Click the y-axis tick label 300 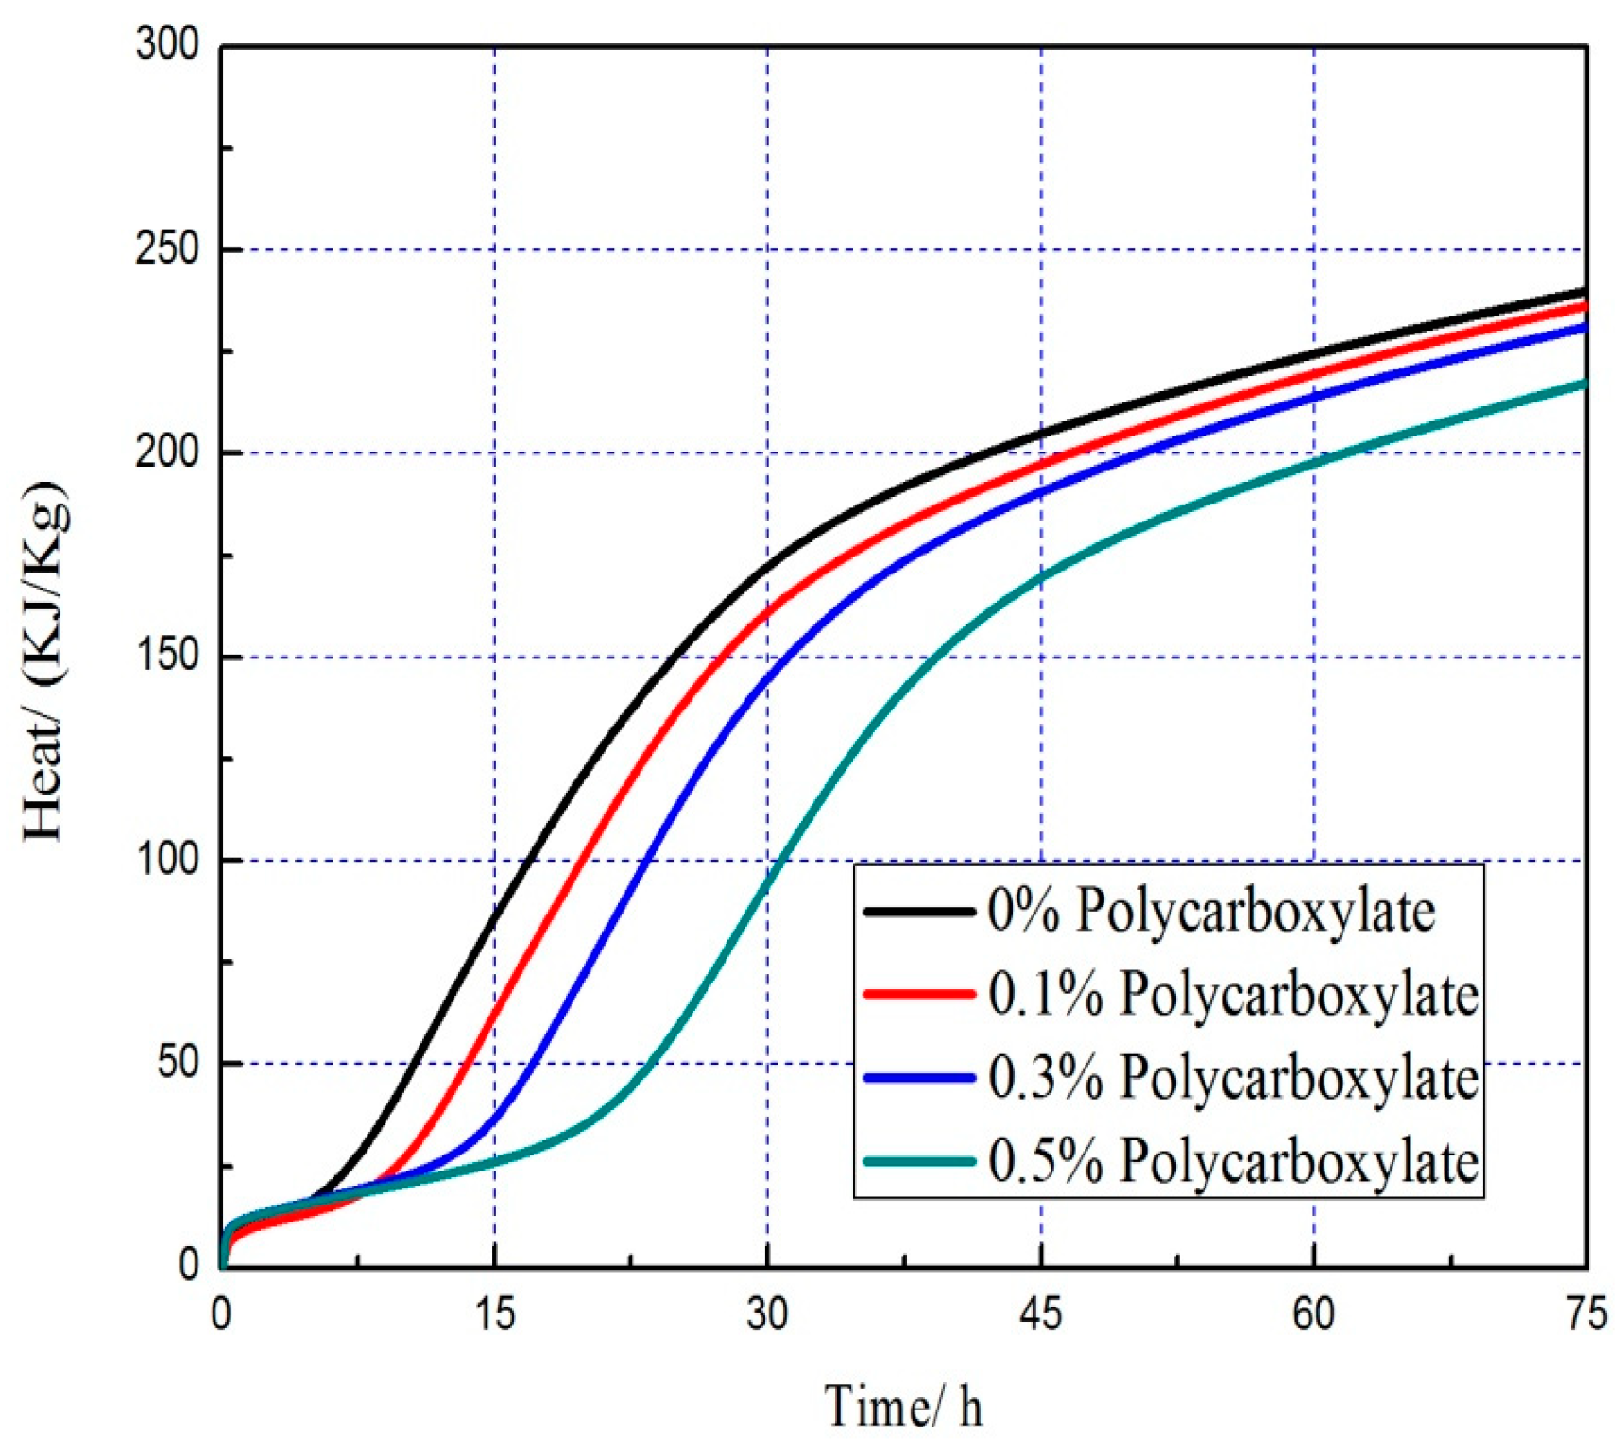tap(167, 44)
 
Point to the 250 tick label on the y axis tap(167, 249)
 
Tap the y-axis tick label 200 tap(167, 453)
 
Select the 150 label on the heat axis tap(167, 657)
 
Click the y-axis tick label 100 tap(167, 860)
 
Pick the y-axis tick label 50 tap(178, 1063)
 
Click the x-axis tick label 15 tap(494, 1314)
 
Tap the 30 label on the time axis tap(767, 1314)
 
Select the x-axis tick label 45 tap(1040, 1314)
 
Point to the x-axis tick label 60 tap(1313, 1314)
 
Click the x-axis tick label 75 tap(1585, 1314)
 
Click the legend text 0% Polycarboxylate tap(1211, 912)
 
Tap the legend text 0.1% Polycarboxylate tap(1233, 994)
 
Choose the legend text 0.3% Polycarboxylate tap(1233, 1077)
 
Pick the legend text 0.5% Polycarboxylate tap(1233, 1160)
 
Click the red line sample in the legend tap(918, 994)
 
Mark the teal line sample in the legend tap(918, 1160)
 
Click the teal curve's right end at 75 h tap(1583, 384)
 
